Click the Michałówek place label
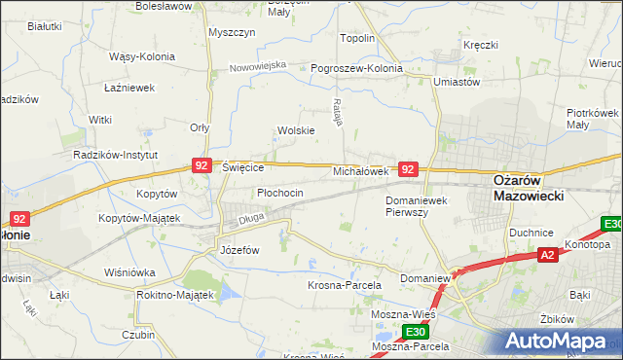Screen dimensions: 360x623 point(361,171)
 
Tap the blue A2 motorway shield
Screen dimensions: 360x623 point(549,255)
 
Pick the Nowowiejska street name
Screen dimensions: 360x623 point(258,66)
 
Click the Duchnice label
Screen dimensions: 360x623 point(531,234)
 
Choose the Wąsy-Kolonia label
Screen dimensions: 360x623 point(142,57)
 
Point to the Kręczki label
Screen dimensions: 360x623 point(481,46)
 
